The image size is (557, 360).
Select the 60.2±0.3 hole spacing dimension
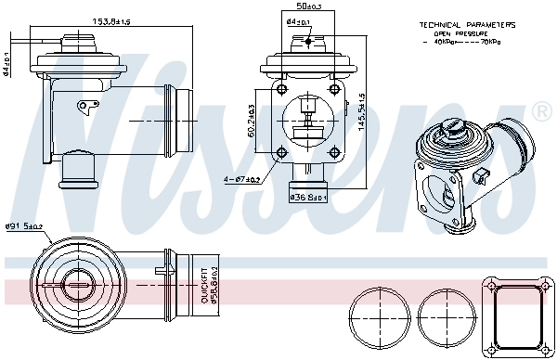254,119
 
